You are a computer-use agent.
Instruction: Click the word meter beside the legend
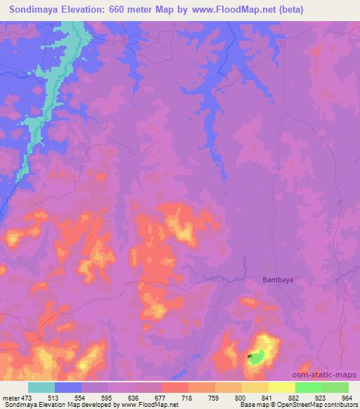[x=11, y=397]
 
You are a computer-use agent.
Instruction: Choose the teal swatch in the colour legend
[x=41, y=387]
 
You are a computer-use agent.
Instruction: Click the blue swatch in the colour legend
[x=68, y=387]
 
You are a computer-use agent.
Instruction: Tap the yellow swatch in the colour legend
[x=281, y=387]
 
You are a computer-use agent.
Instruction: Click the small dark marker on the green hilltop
[x=250, y=357]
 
